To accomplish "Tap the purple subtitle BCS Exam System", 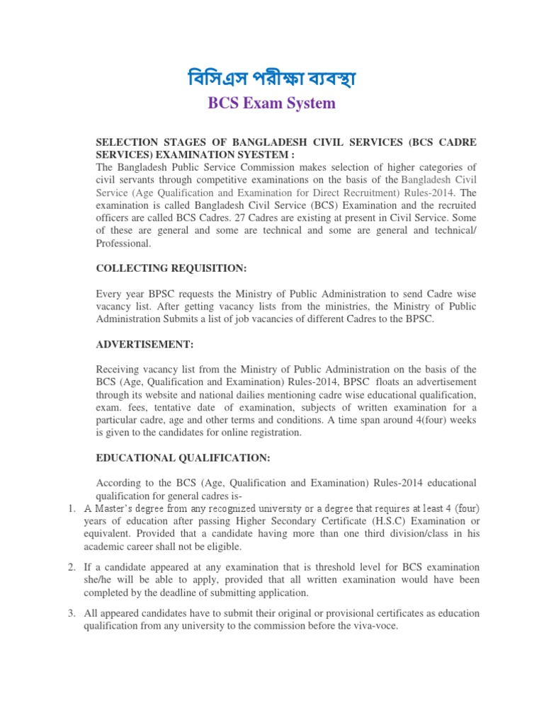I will pos(271,103).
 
